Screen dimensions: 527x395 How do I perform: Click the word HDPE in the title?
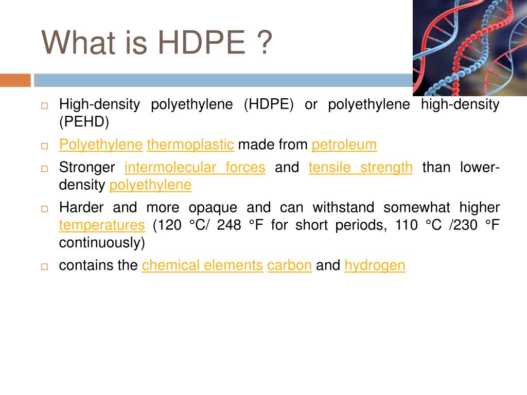tap(202, 42)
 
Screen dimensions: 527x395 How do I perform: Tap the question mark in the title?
tap(265, 42)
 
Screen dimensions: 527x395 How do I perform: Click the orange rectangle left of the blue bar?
tap(15, 80)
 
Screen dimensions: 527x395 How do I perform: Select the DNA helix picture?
tap(470, 48)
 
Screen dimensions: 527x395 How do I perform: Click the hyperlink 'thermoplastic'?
tap(190, 145)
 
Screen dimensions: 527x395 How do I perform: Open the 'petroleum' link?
tap(344, 145)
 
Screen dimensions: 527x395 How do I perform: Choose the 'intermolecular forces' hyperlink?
tap(195, 167)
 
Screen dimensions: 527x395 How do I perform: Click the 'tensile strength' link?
tap(361, 167)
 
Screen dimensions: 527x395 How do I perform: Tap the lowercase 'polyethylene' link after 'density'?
tap(150, 185)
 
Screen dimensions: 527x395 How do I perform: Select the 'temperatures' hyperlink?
tap(102, 225)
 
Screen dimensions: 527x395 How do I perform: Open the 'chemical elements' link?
tap(202, 265)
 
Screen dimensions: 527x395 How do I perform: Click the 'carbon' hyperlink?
tap(289, 265)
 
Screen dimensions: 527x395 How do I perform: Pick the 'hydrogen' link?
tap(375, 265)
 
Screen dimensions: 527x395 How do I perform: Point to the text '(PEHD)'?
tap(84, 121)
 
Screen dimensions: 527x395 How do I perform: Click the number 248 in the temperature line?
tap(229, 225)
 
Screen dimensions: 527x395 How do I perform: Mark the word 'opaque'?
tap(213, 208)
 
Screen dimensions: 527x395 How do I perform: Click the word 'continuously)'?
tap(102, 243)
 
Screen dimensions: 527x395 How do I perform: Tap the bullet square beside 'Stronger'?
tap(44, 168)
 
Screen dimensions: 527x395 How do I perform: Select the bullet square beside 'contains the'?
tap(44, 266)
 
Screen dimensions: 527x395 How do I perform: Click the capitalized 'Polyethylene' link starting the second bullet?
tap(101, 145)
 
